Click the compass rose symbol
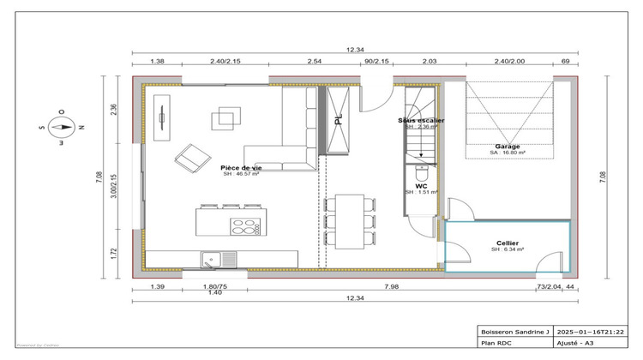[61, 125]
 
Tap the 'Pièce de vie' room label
[241, 168]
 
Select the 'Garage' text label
[506, 147]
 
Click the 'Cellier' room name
[508, 243]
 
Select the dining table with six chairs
[350, 221]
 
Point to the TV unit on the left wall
[160, 117]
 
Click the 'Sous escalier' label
[421, 121]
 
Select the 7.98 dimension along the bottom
[391, 285]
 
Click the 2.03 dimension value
[430, 63]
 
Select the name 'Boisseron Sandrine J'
[512, 331]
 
